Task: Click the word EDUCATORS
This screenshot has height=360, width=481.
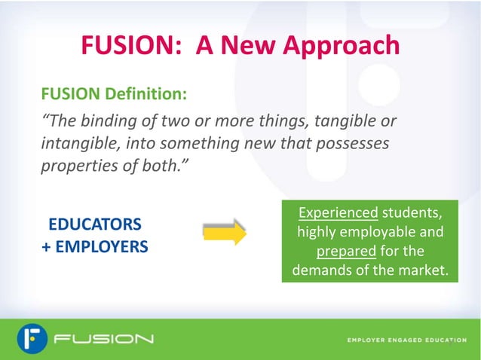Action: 94,224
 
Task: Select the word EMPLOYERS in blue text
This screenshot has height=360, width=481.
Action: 100,246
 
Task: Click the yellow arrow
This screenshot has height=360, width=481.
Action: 225,233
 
